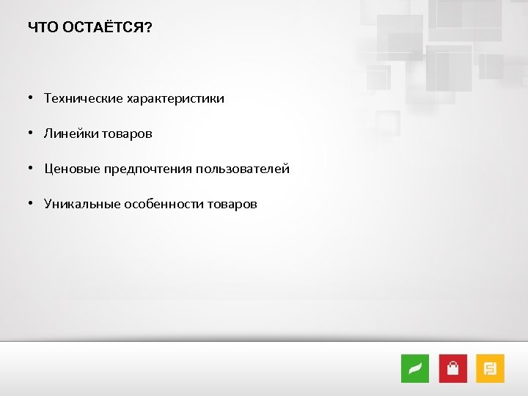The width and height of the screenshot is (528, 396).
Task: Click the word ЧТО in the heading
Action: coord(42,28)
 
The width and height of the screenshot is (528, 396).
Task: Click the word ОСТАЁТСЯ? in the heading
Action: coord(106,28)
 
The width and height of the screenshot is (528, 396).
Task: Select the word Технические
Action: coord(83,98)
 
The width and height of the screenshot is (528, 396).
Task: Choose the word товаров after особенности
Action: coord(232,204)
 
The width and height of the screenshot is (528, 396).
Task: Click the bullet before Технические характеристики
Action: coord(32,98)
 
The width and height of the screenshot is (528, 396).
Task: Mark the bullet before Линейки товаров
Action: coord(32,133)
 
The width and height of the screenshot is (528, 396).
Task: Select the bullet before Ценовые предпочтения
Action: coord(32,169)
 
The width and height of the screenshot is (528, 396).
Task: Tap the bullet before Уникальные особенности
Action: coord(32,204)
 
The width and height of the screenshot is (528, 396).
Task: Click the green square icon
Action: coord(415,368)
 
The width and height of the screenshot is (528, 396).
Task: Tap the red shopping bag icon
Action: coord(453,368)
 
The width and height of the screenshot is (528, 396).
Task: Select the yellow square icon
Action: coord(491,368)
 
